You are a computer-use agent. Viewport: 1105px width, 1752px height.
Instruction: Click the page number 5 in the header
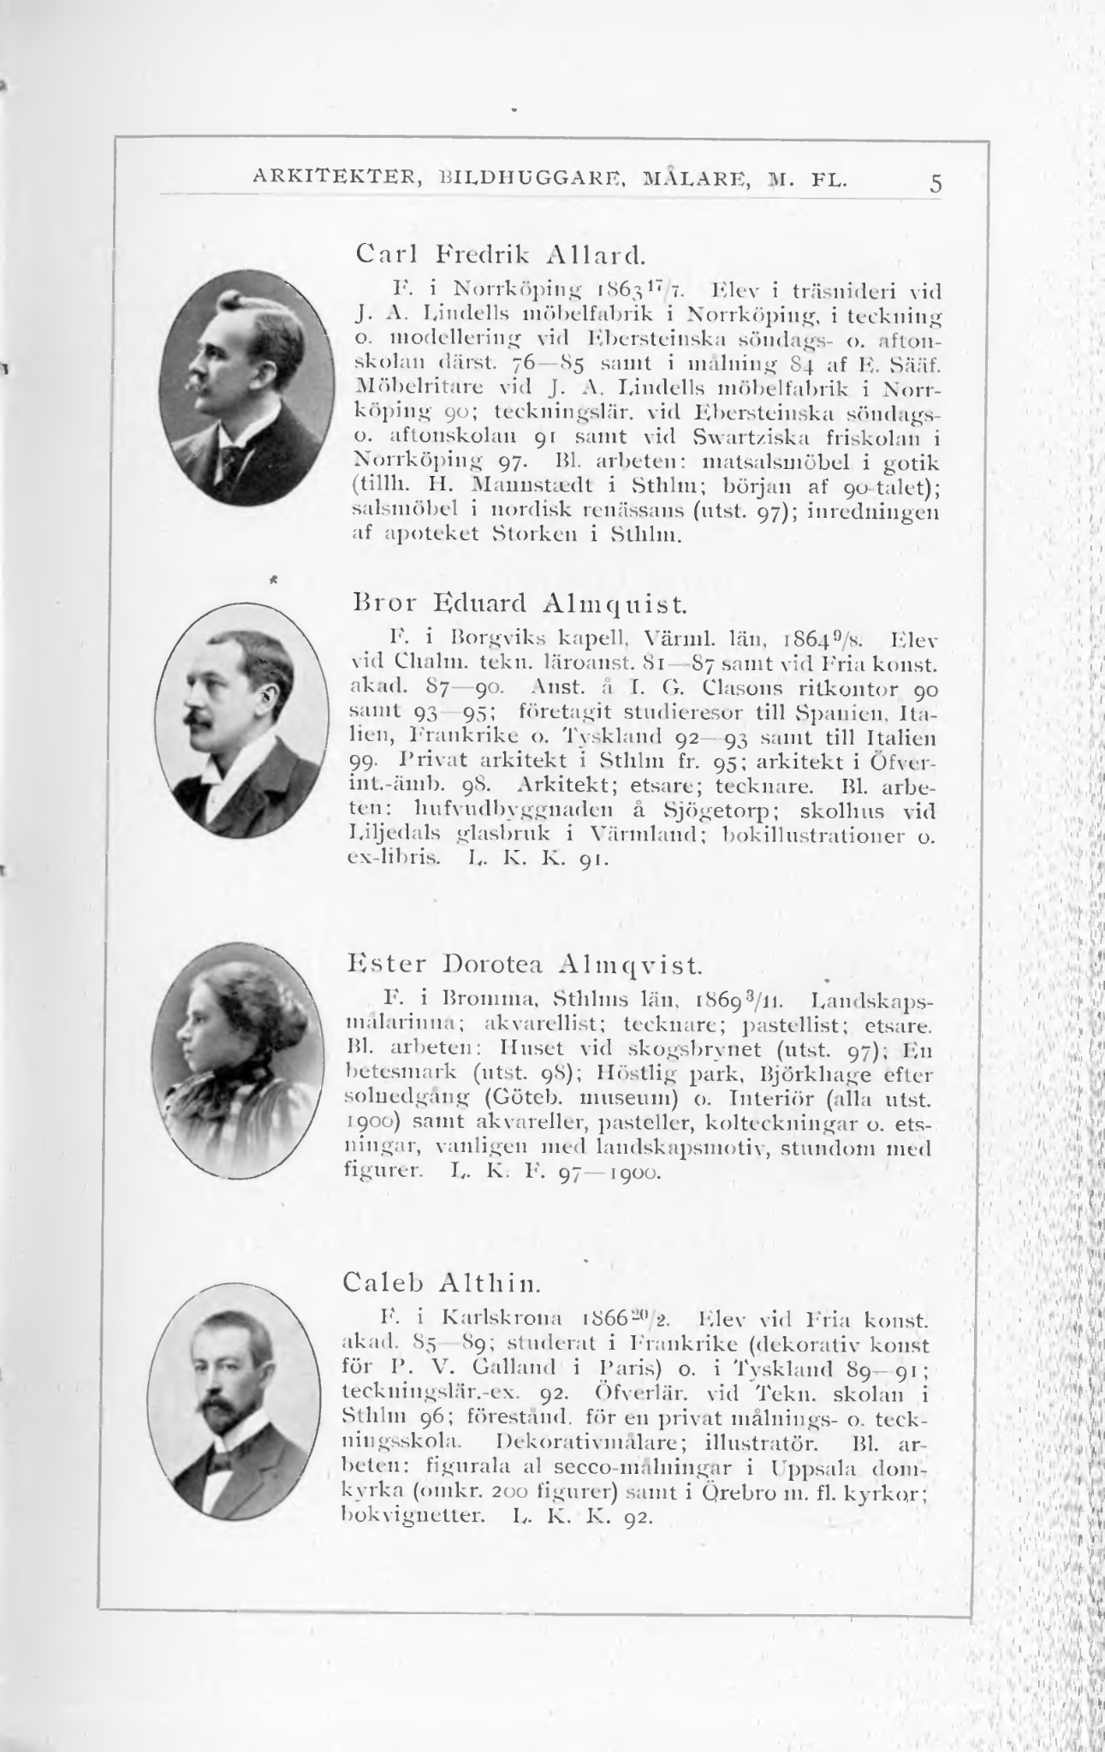pyautogui.click(x=936, y=183)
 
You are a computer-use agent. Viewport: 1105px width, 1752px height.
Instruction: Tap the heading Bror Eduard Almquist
pyautogui.click(x=519, y=605)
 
